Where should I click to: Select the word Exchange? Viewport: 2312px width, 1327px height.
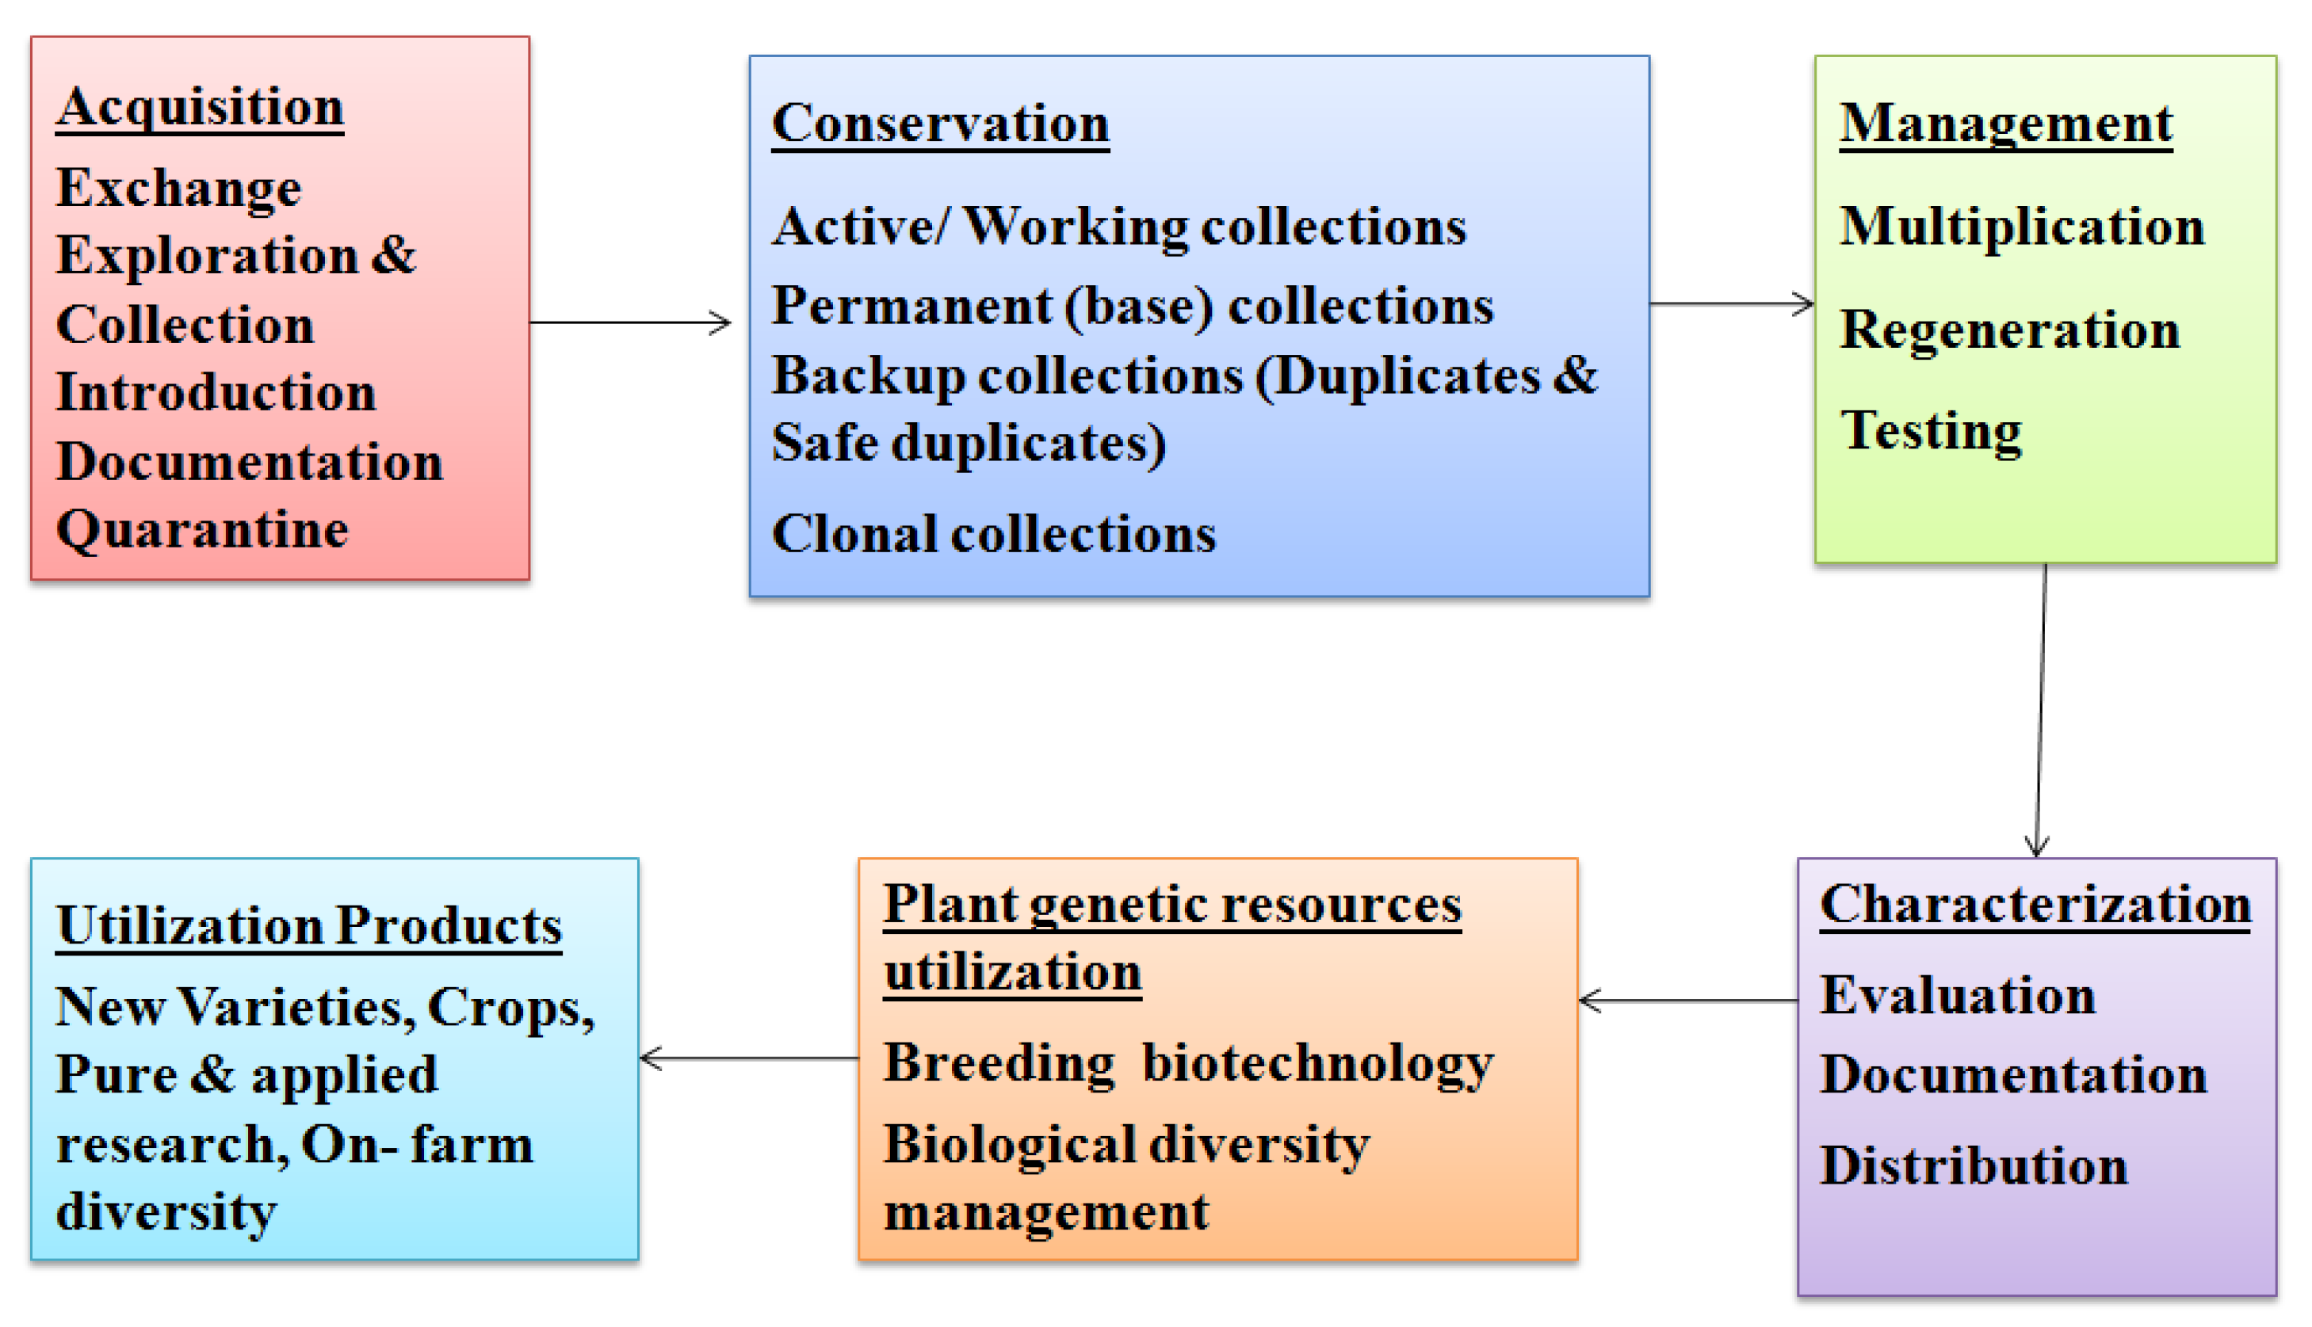[x=178, y=189]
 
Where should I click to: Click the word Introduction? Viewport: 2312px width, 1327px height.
[x=216, y=393]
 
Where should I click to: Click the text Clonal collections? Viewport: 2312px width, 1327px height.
[x=994, y=534]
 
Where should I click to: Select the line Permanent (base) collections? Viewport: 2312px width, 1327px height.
[x=1133, y=307]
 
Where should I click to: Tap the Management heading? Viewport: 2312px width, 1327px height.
[x=2007, y=125]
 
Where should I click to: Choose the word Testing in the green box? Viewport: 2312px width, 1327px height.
[x=1931, y=431]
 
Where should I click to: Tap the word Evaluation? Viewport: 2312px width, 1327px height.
[x=1959, y=995]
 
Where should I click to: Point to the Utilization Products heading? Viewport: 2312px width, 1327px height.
[x=309, y=927]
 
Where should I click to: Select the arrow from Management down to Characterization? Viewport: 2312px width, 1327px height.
[x=2041, y=711]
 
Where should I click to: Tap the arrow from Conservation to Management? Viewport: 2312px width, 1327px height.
[x=1732, y=303]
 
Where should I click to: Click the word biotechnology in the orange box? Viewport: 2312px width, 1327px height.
[x=1318, y=1065]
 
